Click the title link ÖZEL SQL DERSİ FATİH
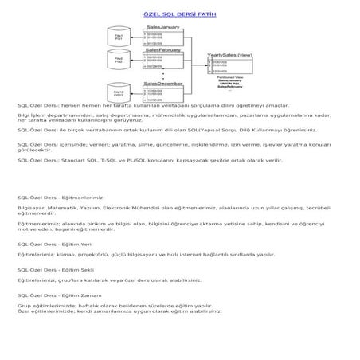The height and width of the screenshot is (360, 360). point(178,15)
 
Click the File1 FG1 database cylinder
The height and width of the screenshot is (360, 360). point(118,38)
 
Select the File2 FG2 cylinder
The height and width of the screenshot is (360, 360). point(118,61)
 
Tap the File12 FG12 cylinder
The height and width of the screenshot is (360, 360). point(118,94)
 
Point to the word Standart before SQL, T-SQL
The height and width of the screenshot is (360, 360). point(85,182)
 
